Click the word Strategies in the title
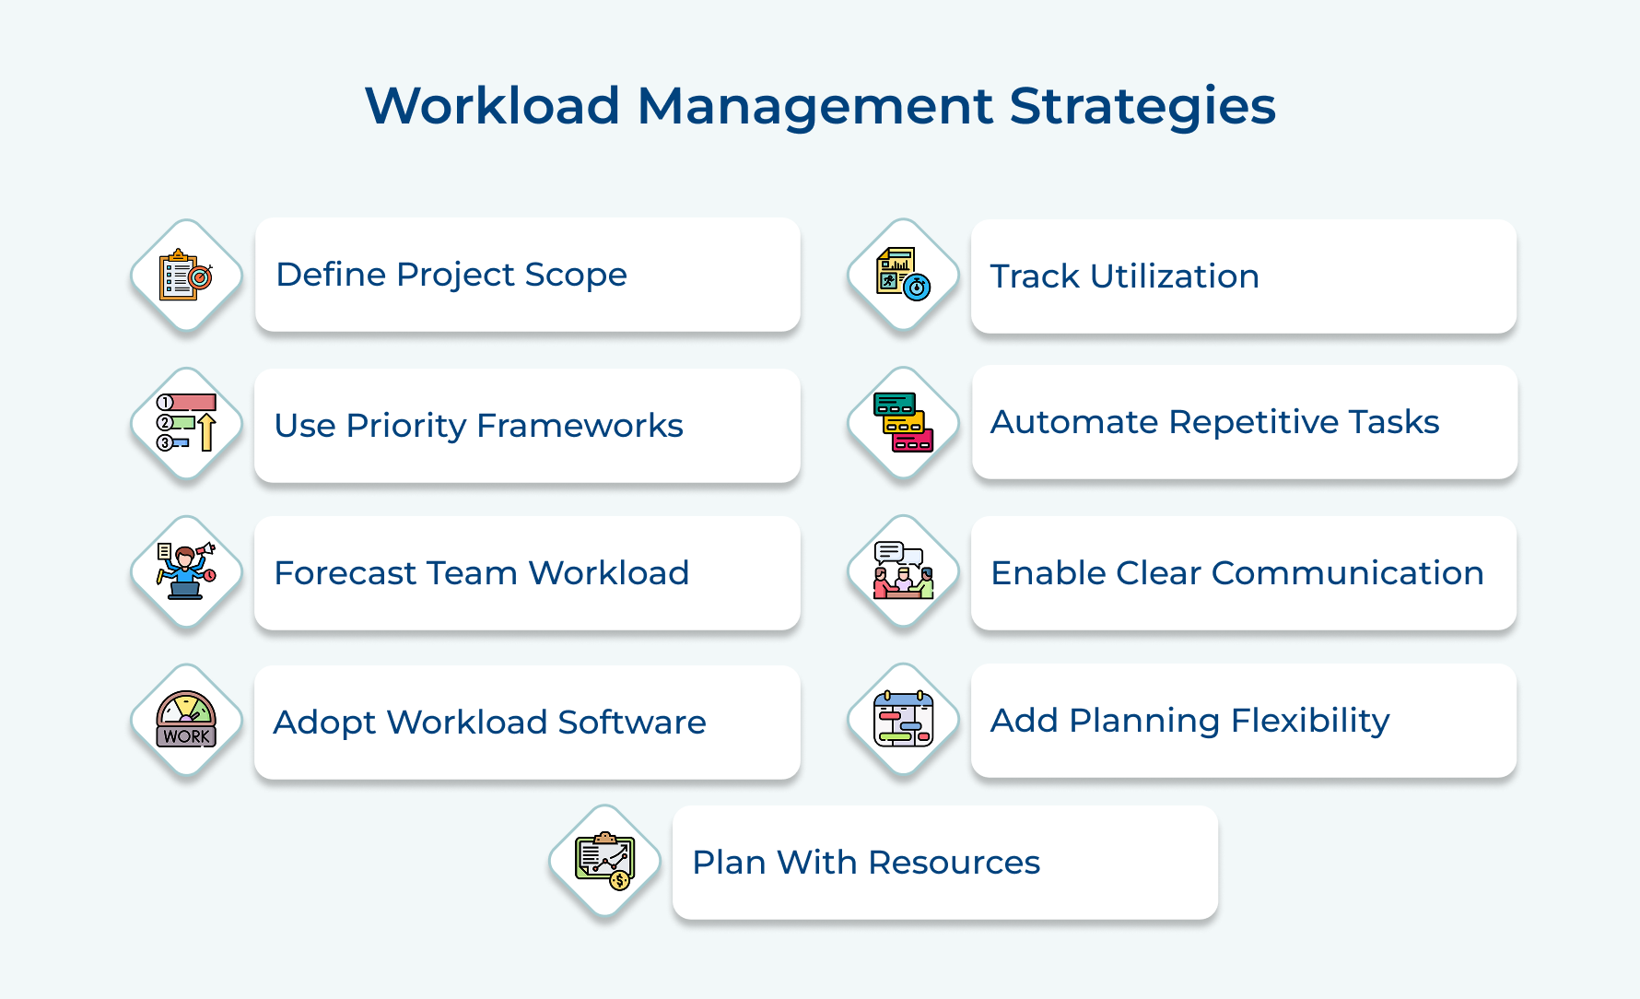1142,107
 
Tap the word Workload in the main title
492,105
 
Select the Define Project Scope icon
186,276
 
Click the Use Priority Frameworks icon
186,424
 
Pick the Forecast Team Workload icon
186,572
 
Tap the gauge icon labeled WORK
186,720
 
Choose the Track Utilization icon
903,275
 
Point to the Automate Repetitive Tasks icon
903,423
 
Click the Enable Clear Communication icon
903,571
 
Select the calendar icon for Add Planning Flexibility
903,720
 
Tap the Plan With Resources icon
604,861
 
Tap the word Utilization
1174,276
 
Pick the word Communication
1347,573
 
